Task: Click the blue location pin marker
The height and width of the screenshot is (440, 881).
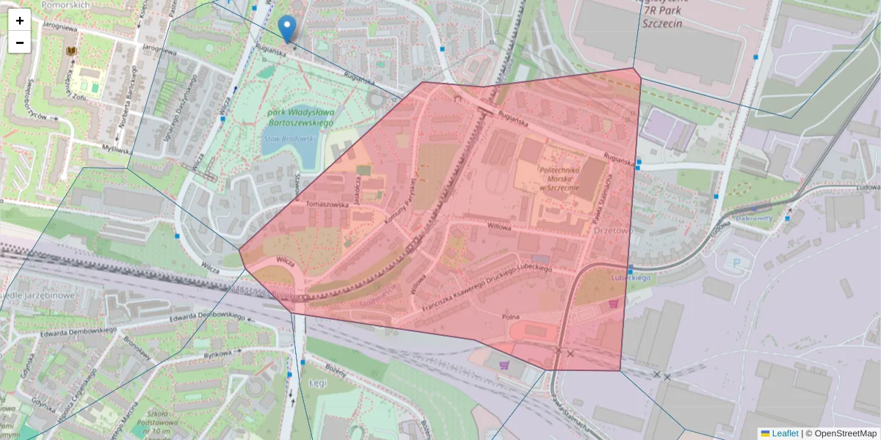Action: (288, 28)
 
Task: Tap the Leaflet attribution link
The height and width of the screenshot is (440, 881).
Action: (784, 433)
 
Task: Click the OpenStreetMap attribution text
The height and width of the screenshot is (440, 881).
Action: (844, 433)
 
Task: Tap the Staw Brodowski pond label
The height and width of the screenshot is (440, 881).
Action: (289, 138)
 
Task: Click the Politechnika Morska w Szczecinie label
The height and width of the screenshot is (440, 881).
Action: (559, 179)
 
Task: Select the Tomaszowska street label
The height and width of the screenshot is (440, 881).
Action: (327, 205)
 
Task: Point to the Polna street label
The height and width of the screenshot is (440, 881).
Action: (510, 317)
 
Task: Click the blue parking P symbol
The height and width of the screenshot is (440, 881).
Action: (733, 262)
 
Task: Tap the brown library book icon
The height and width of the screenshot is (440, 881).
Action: (71, 51)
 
